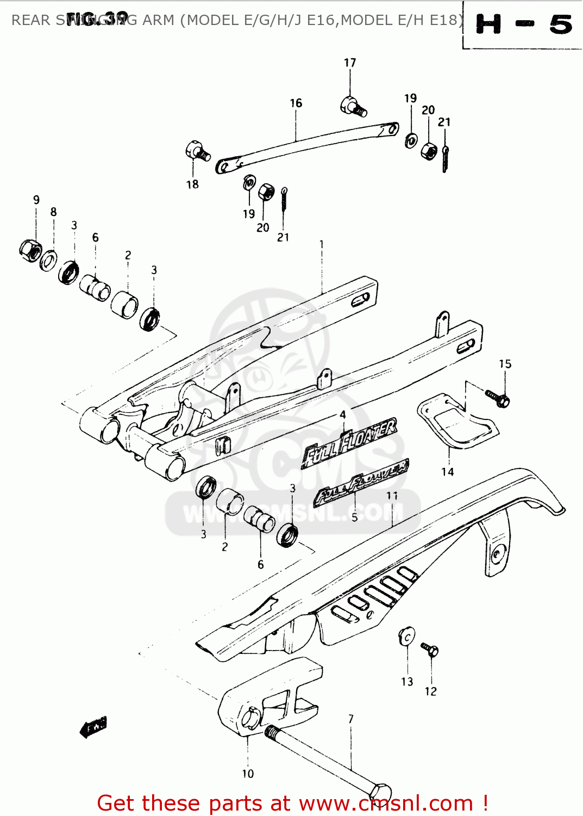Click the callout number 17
point(350,63)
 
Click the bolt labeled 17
point(352,106)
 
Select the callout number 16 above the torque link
point(296,103)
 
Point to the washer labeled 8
point(49,260)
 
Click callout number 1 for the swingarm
point(322,244)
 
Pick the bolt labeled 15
point(498,398)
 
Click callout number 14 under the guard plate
point(447,472)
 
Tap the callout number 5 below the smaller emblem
point(355,517)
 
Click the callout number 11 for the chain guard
point(392,496)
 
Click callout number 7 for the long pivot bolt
point(351,719)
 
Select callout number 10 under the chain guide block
point(248,774)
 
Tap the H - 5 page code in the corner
point(523,25)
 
